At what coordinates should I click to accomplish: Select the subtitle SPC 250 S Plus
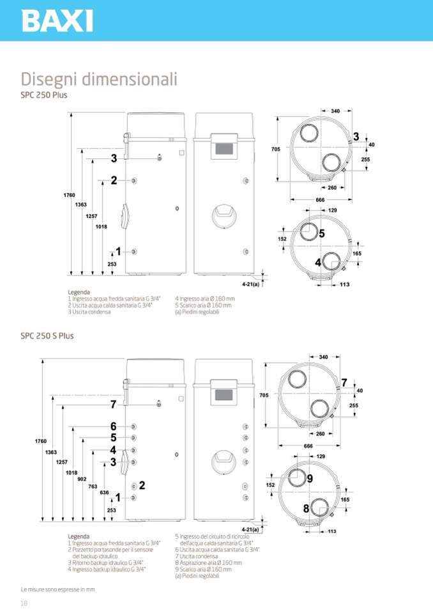47,336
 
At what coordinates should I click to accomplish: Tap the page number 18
24,603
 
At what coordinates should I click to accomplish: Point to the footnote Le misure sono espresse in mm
57,589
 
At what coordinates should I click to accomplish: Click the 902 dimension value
81,479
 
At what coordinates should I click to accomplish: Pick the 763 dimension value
93,486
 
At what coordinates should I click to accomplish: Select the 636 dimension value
105,493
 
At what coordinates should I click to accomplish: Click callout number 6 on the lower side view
113,426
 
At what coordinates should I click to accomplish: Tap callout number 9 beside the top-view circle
309,478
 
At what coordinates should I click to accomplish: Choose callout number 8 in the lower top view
306,509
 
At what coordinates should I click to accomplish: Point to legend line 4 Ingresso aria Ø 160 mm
205,299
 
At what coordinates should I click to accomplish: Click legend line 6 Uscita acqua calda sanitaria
216,549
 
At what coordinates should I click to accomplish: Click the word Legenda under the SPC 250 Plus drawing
79,292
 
